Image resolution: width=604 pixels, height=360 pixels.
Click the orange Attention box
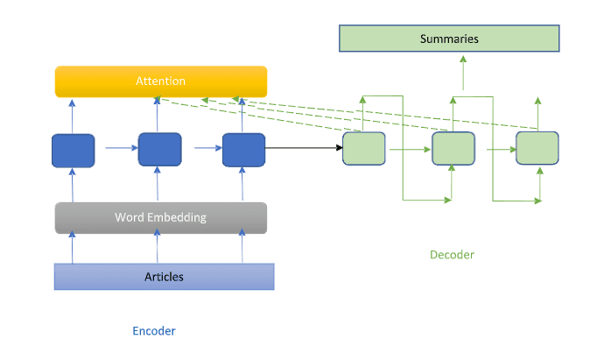click(x=160, y=81)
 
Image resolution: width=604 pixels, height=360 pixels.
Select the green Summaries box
click(x=449, y=39)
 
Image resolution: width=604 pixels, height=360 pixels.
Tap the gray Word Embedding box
click(x=160, y=217)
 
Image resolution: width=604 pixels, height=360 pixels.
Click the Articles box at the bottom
click(x=164, y=277)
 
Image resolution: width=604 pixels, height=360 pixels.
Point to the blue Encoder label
click(x=154, y=331)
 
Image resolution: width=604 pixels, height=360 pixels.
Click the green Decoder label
click(x=452, y=255)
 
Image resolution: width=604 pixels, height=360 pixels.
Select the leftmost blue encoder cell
click(x=74, y=150)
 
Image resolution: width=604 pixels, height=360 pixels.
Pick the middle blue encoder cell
click(x=160, y=149)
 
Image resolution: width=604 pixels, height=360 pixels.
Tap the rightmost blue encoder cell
click(x=243, y=149)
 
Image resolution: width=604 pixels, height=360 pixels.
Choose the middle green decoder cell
click(x=453, y=149)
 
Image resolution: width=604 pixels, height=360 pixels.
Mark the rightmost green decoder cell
click(x=537, y=148)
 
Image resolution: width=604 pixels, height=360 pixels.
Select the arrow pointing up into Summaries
click(x=463, y=72)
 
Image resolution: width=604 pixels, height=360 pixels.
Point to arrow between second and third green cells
click(x=495, y=149)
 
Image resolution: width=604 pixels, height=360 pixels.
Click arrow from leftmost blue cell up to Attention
click(x=73, y=115)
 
